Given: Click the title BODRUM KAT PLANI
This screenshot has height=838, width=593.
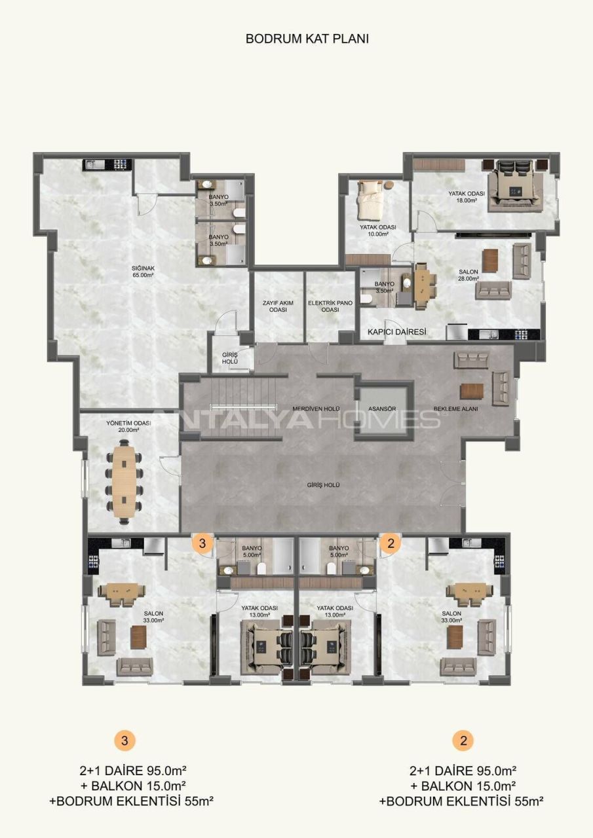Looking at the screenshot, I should [x=307, y=39].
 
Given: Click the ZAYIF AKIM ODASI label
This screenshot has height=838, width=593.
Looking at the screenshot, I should [x=278, y=306].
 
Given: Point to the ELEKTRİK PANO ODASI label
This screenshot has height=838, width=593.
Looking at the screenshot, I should [x=330, y=306].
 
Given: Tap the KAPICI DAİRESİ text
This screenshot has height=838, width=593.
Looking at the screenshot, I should [x=396, y=333].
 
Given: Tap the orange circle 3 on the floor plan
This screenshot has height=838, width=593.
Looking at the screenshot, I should [x=202, y=543].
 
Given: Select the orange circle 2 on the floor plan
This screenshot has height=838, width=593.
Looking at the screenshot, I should [x=391, y=543].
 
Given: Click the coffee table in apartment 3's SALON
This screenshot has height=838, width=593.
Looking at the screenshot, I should [x=138, y=636].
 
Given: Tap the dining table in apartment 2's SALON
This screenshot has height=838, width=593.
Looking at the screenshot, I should [x=469, y=591].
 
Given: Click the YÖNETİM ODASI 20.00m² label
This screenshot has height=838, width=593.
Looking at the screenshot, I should [x=123, y=427].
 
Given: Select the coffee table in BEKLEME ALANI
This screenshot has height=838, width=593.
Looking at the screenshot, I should [x=472, y=390].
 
